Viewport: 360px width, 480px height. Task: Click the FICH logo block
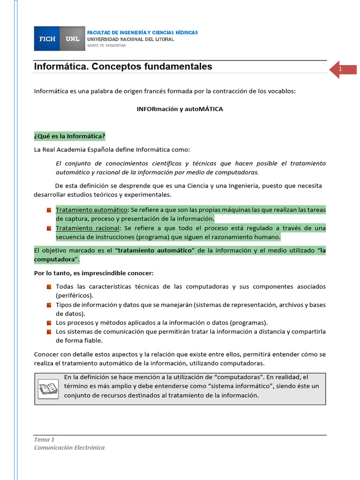coord(47,39)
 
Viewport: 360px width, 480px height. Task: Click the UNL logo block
coord(73,39)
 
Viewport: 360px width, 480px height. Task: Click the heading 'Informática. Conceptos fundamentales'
coord(123,67)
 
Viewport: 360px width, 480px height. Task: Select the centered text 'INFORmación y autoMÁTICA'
coord(180,109)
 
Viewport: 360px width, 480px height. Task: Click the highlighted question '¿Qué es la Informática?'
coord(70,136)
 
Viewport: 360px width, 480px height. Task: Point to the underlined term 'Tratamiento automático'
coord(91,210)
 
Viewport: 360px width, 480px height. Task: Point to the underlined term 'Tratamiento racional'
coord(88,228)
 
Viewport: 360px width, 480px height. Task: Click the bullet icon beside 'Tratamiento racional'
coord(49,228)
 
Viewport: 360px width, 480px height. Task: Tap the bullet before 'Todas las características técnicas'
coord(49,287)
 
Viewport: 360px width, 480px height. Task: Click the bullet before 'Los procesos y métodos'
coord(49,323)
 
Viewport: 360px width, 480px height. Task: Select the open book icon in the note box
coord(48,388)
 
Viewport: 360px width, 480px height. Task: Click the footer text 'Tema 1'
coord(45,440)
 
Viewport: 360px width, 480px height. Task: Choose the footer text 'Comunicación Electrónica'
coord(69,448)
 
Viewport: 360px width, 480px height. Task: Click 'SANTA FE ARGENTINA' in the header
coord(107,45)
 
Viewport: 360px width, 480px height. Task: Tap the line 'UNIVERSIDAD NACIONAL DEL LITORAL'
coord(131,39)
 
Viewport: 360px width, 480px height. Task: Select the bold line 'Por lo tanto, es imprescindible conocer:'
coord(94,273)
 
